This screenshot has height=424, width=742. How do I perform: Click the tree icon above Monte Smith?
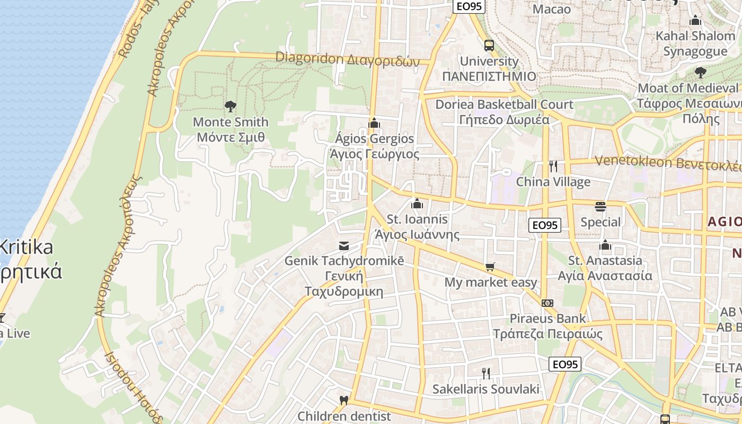point(230,107)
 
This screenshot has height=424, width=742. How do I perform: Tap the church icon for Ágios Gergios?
point(374,123)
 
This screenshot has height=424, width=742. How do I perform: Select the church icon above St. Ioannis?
point(417,204)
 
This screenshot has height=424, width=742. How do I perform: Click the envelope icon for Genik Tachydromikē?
point(344,245)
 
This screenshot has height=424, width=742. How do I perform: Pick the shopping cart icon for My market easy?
point(491,267)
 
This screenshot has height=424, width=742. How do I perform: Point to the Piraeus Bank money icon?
point(547,303)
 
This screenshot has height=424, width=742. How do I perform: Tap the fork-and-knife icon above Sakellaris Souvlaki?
point(485,373)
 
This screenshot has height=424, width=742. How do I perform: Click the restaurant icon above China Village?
point(553,166)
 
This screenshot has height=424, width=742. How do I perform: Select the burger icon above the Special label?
point(600,206)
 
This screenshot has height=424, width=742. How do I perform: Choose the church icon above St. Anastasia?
point(605,245)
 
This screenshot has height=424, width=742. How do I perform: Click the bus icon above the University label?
point(489,45)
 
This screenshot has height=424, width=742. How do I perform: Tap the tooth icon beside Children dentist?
point(344,400)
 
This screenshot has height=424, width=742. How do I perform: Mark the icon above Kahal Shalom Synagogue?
point(695,21)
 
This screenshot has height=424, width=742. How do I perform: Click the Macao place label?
point(552,9)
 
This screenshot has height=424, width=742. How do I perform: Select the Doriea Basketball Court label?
point(504,104)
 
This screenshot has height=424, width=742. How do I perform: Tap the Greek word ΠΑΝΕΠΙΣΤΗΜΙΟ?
point(489,76)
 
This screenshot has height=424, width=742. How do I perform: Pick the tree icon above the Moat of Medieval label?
point(701,72)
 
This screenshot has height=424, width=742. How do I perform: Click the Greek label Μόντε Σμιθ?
point(231,138)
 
